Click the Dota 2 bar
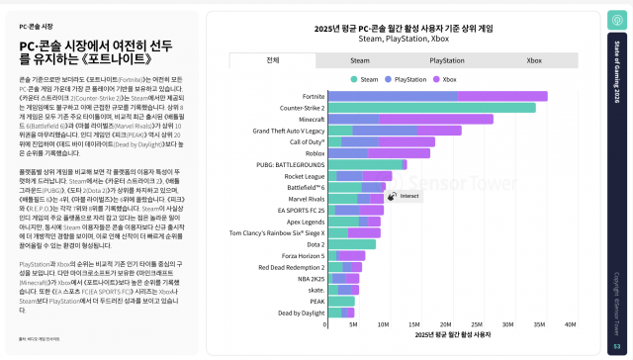click(351, 243)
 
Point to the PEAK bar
click(340, 301)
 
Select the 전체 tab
click(272, 59)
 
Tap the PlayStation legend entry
click(407, 77)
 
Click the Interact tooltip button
click(405, 196)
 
